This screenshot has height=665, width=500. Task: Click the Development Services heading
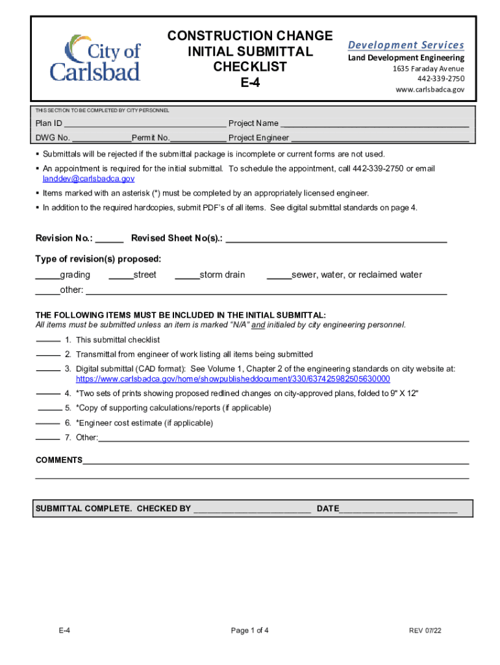tap(406, 45)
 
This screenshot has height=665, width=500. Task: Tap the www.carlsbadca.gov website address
tap(430, 90)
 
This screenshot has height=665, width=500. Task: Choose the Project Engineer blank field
tap(379, 138)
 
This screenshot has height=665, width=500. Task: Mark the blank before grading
tap(47, 275)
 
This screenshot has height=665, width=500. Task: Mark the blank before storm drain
tap(187, 275)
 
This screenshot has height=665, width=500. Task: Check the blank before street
tap(121, 275)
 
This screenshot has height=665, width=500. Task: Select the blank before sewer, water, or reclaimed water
tap(279, 275)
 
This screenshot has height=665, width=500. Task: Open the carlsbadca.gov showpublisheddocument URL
tap(232, 379)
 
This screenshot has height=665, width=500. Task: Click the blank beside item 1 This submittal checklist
tap(47, 340)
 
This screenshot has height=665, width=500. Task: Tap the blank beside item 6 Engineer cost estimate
tap(47, 423)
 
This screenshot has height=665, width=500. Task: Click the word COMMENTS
tap(58, 460)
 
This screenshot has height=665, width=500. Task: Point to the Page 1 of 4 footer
tap(249, 631)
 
